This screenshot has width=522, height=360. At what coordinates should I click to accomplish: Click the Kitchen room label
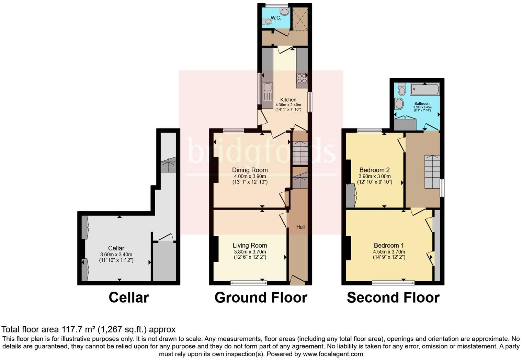click(x=288, y=100)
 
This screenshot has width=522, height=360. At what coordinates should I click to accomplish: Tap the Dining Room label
click(x=250, y=170)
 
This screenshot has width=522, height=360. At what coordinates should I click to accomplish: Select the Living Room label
click(x=250, y=245)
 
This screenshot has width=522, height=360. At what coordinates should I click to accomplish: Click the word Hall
click(x=300, y=227)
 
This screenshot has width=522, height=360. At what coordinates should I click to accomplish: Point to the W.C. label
click(x=276, y=18)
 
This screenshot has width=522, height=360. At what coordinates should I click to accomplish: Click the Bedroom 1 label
click(x=389, y=245)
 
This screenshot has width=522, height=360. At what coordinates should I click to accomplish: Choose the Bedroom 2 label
click(x=374, y=170)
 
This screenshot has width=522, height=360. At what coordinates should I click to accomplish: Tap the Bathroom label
click(x=422, y=103)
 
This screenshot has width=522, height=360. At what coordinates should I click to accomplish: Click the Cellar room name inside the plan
click(x=116, y=248)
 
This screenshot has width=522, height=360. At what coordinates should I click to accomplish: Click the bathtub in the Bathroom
click(x=424, y=89)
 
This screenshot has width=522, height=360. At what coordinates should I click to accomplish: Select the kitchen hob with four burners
click(x=302, y=79)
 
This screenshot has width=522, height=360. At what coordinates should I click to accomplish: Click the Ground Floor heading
click(x=261, y=297)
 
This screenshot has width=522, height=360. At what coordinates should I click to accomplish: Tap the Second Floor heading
click(x=393, y=297)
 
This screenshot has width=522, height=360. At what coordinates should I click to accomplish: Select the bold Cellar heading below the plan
click(x=129, y=297)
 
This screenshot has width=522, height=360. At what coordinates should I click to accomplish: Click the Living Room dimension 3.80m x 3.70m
click(x=250, y=251)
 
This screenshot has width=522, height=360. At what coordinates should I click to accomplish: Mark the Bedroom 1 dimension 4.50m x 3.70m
click(x=389, y=251)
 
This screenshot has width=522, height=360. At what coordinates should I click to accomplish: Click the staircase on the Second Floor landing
click(x=432, y=172)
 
